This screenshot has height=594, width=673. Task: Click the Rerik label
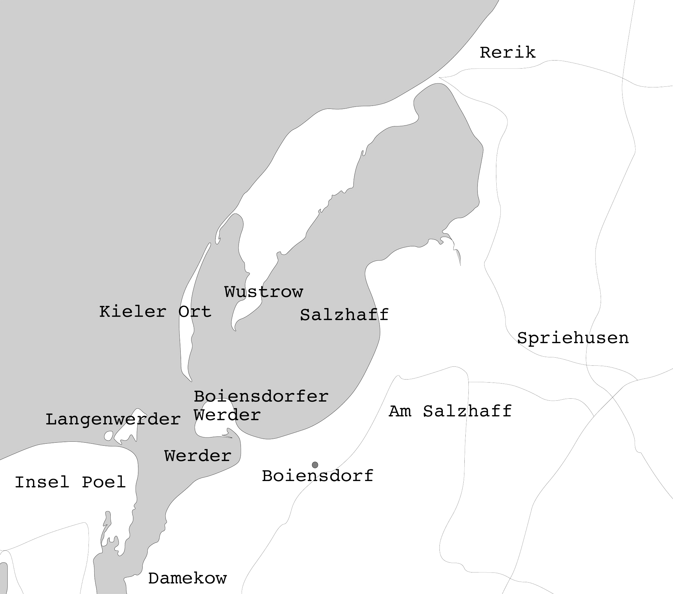pyautogui.click(x=507, y=53)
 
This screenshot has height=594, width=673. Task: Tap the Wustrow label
pyautogui.click(x=263, y=292)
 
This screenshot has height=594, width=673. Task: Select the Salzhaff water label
pyautogui.click(x=344, y=315)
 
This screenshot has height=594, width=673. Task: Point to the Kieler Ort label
pyautogui.click(x=155, y=312)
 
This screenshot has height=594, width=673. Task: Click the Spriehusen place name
pyautogui.click(x=573, y=338)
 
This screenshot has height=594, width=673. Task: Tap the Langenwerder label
pyautogui.click(x=113, y=420)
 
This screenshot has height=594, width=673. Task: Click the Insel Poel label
pyautogui.click(x=70, y=482)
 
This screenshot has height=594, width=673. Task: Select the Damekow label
pyautogui.click(x=187, y=579)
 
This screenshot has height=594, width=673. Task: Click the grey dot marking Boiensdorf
pyautogui.click(x=315, y=465)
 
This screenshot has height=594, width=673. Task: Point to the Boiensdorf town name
pyautogui.click(x=318, y=476)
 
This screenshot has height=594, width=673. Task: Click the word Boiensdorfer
pyautogui.click(x=261, y=397)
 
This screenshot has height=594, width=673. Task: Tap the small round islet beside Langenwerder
pyautogui.click(x=108, y=436)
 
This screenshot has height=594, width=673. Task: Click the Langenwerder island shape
pyautogui.click(x=130, y=427)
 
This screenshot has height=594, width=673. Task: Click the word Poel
pyautogui.click(x=104, y=482)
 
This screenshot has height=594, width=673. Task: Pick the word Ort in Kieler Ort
pyautogui.click(x=194, y=312)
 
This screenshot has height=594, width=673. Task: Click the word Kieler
pyautogui.click(x=133, y=312)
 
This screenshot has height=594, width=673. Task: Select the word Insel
pyautogui.click(x=42, y=482)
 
